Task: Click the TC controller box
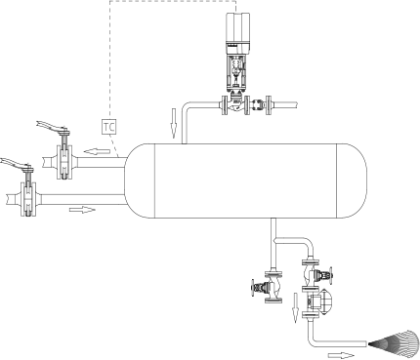109,127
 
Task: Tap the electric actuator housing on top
238,32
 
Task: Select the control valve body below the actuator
235,104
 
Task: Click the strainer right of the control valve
259,104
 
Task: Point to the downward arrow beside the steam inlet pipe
174,123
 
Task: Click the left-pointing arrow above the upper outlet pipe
97,151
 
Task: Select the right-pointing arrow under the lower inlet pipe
82,210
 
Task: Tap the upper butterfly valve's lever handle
53,127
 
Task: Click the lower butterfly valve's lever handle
17,163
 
